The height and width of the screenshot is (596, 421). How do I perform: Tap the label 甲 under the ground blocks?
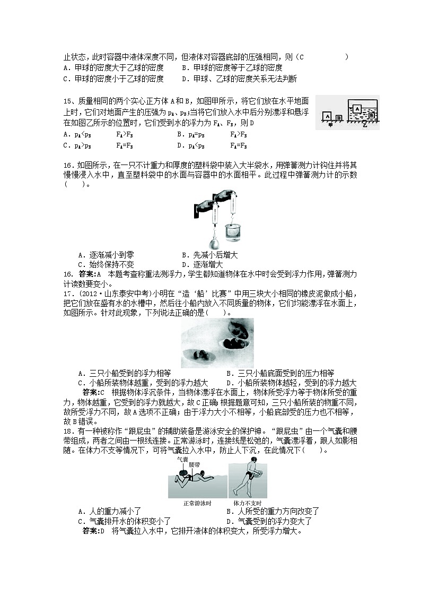[330, 126]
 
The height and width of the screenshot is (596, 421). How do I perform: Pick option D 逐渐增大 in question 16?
[202, 264]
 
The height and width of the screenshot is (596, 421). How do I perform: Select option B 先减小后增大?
[206, 255]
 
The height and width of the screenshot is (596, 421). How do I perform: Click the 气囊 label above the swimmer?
[182, 460]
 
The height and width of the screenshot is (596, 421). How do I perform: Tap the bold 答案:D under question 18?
[93, 530]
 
